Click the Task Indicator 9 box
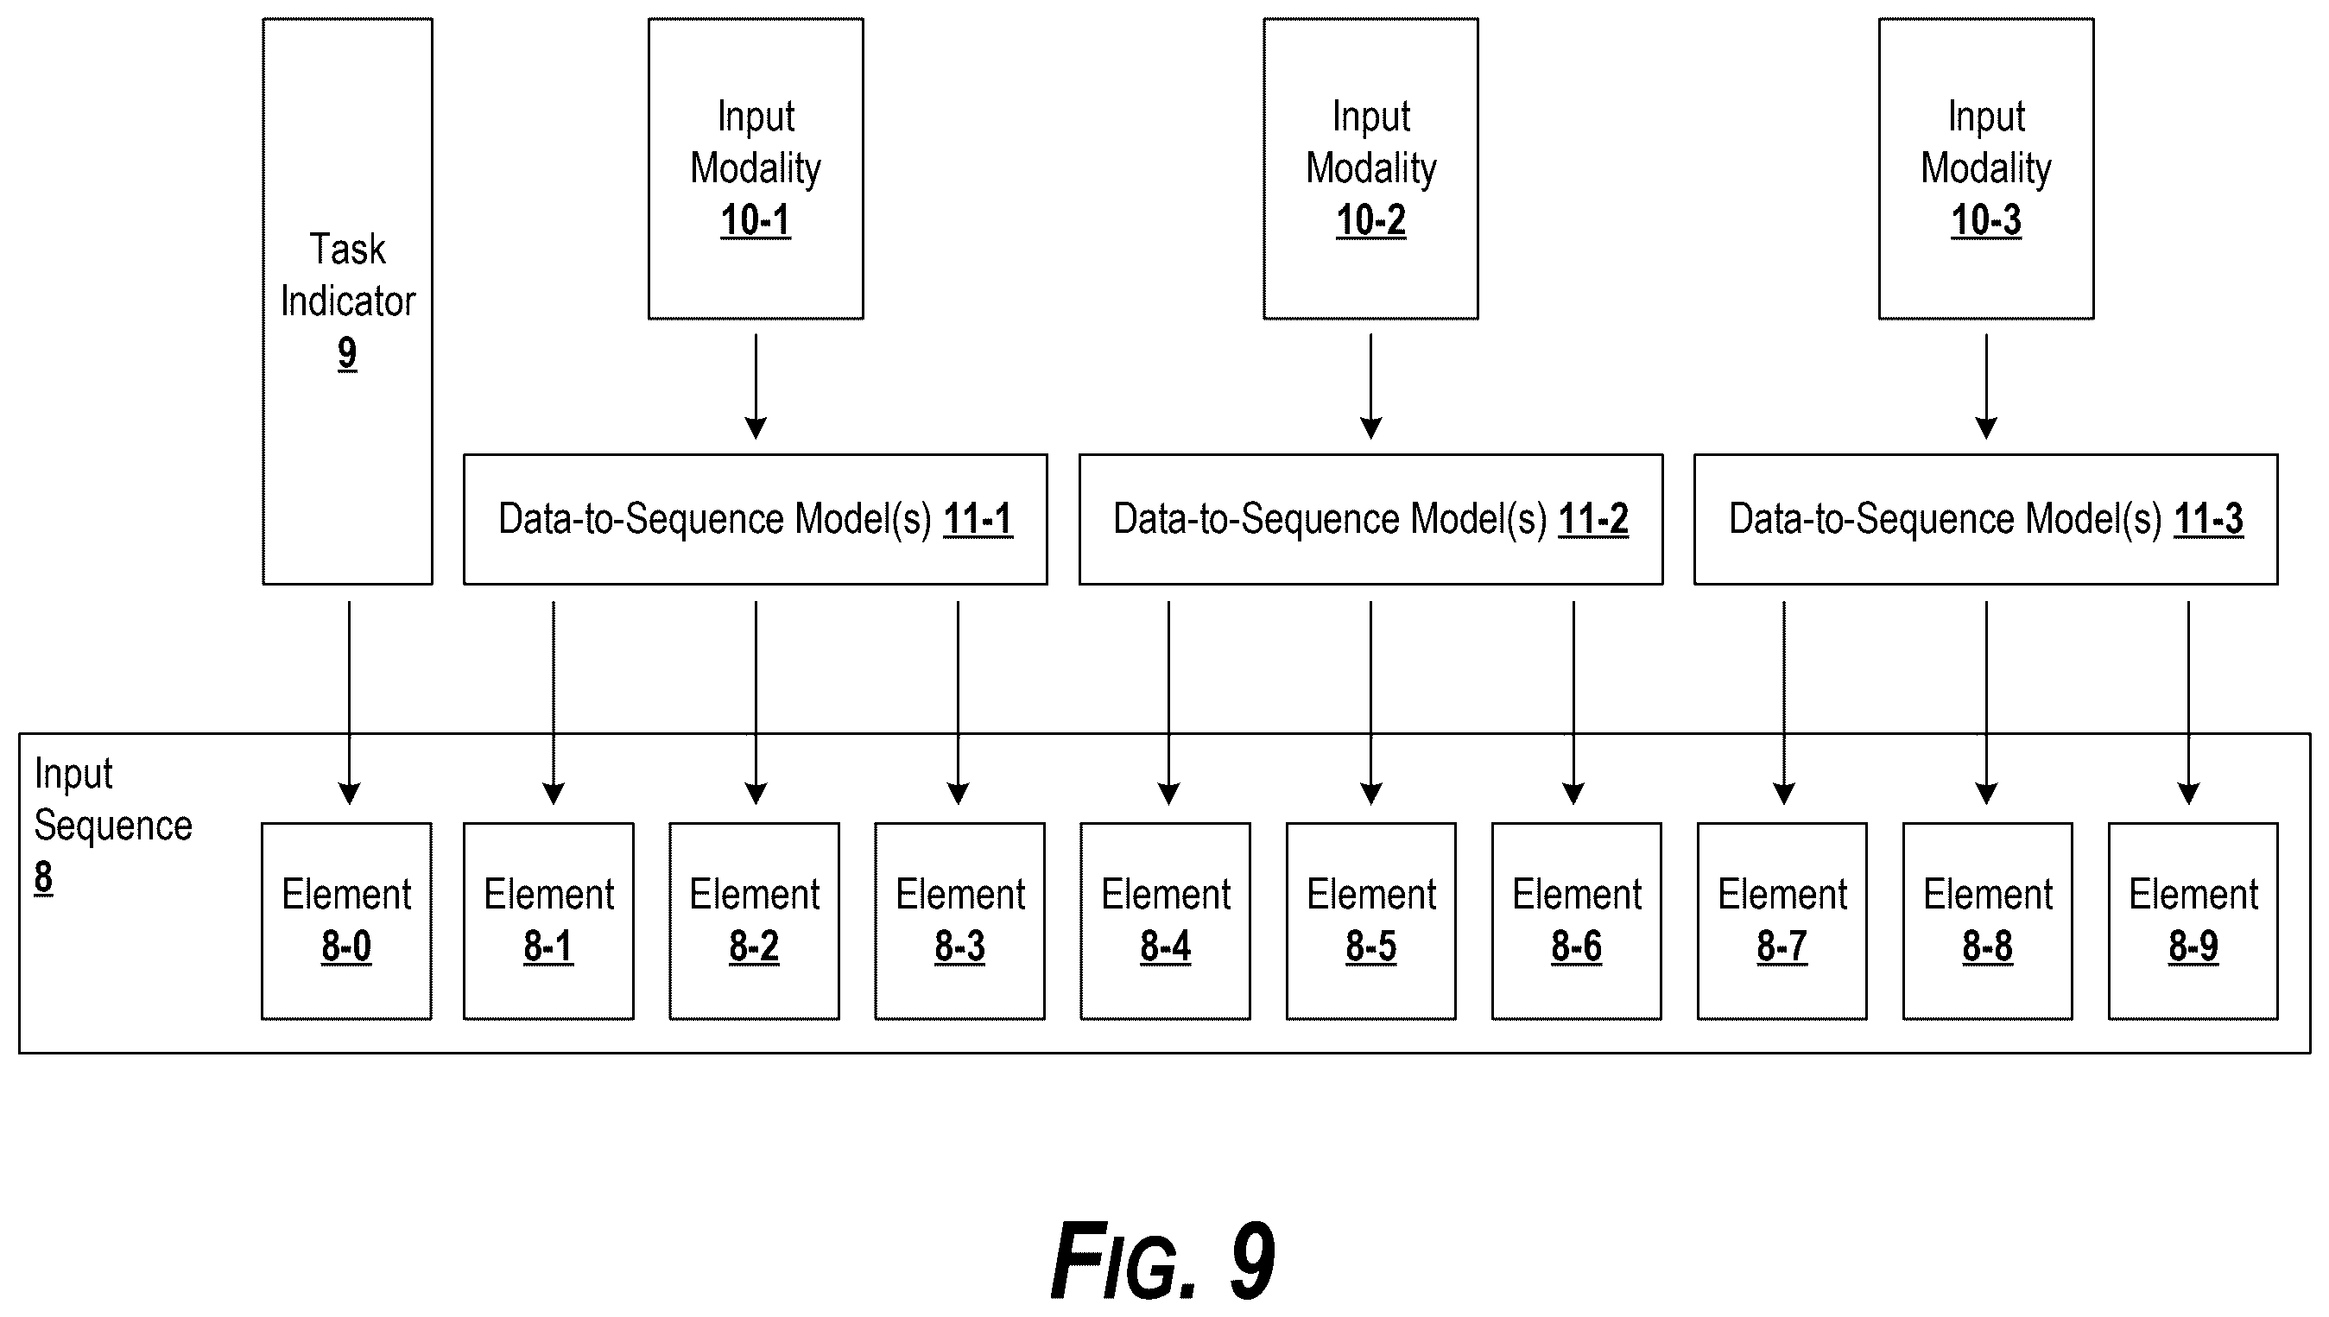pyautogui.click(x=347, y=301)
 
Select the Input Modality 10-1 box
pyautogui.click(x=756, y=168)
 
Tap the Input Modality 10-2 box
pyautogui.click(x=1371, y=168)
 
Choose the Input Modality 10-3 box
pyautogui.click(x=1986, y=168)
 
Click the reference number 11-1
pyautogui.click(x=978, y=520)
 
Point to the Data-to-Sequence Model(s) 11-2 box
pyautogui.click(x=1371, y=519)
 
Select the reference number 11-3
pyautogui.click(x=2208, y=520)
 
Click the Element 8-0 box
pyautogui.click(x=346, y=921)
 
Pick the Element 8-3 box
pyautogui.click(x=959, y=921)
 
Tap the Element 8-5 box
pyautogui.click(x=1371, y=921)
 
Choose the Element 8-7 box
pyautogui.click(x=1782, y=921)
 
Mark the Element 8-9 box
pyautogui.click(x=2193, y=921)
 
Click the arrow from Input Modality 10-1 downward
pyautogui.click(x=756, y=386)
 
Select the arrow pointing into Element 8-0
pyautogui.click(x=349, y=703)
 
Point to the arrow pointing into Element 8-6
pyautogui.click(x=1573, y=703)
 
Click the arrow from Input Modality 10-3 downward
pyautogui.click(x=1986, y=386)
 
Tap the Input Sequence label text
pyautogui.click(x=113, y=800)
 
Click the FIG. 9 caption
pyautogui.click(x=1163, y=1260)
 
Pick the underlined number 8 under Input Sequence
pyautogui.click(x=43, y=877)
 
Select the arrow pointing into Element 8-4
pyautogui.click(x=1168, y=703)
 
